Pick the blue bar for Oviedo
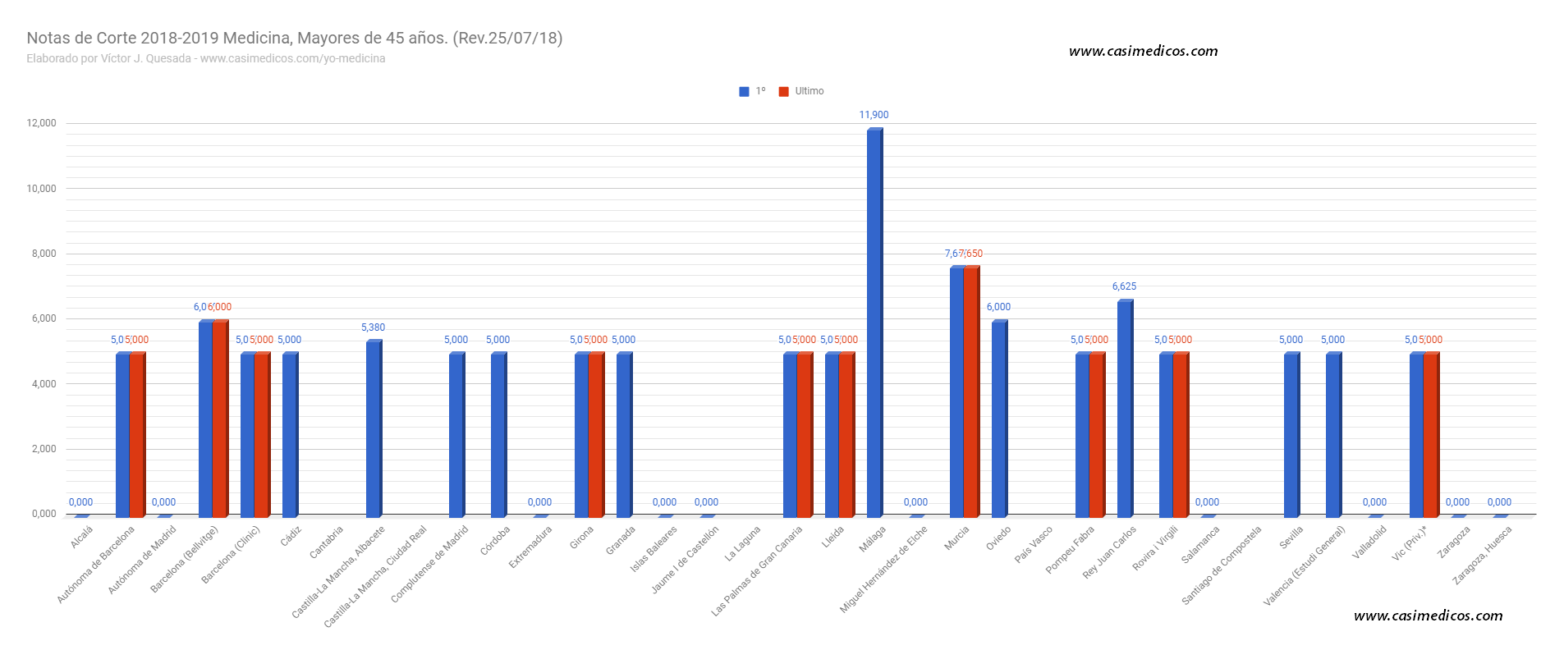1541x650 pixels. point(998,419)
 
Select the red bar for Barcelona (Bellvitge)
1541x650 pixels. point(219,419)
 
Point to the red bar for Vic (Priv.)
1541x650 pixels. point(1430,435)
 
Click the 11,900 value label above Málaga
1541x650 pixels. point(874,115)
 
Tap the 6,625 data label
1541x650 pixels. point(1124,286)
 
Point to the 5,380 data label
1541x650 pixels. point(373,327)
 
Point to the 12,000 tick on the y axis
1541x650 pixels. point(42,123)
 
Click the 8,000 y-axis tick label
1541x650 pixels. point(44,254)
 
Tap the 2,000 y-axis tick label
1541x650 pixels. point(44,449)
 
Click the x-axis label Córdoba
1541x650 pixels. point(495,541)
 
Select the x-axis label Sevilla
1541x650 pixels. point(1291,538)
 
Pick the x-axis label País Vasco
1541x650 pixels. point(1033,545)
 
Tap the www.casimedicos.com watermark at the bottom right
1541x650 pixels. point(1428,616)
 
